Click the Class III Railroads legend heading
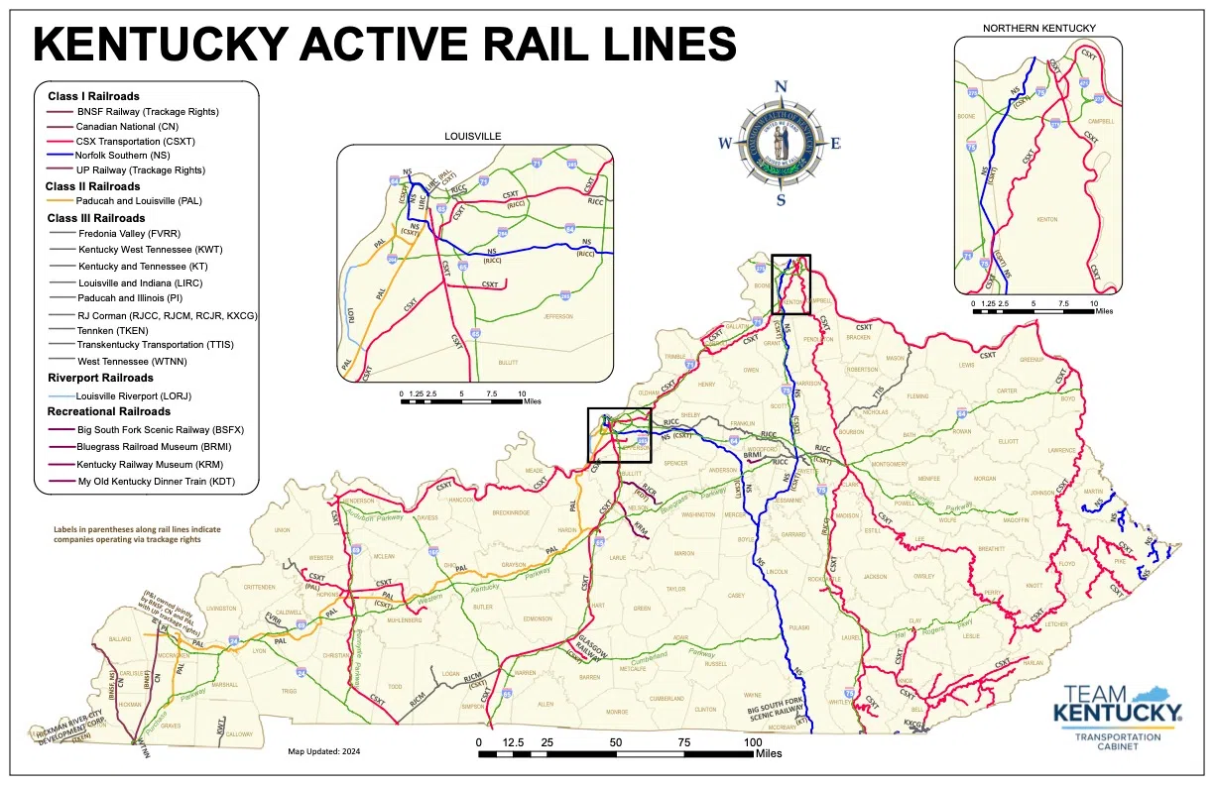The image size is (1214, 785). pos(96,217)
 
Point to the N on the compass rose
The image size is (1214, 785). pos(781,86)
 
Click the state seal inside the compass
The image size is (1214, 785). pos(781,143)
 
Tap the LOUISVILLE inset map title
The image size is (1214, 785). pos(472,136)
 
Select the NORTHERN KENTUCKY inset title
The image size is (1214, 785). pos(1036,27)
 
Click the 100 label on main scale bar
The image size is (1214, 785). pos(753,742)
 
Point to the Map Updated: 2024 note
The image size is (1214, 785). pos(324,751)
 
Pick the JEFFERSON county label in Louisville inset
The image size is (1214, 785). pos(558,316)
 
